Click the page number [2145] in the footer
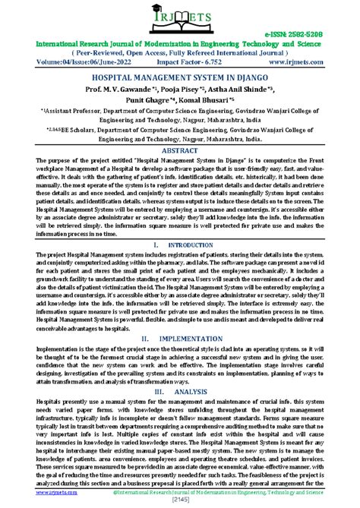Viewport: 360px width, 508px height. [180, 501]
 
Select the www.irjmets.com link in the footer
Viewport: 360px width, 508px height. [28, 492]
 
